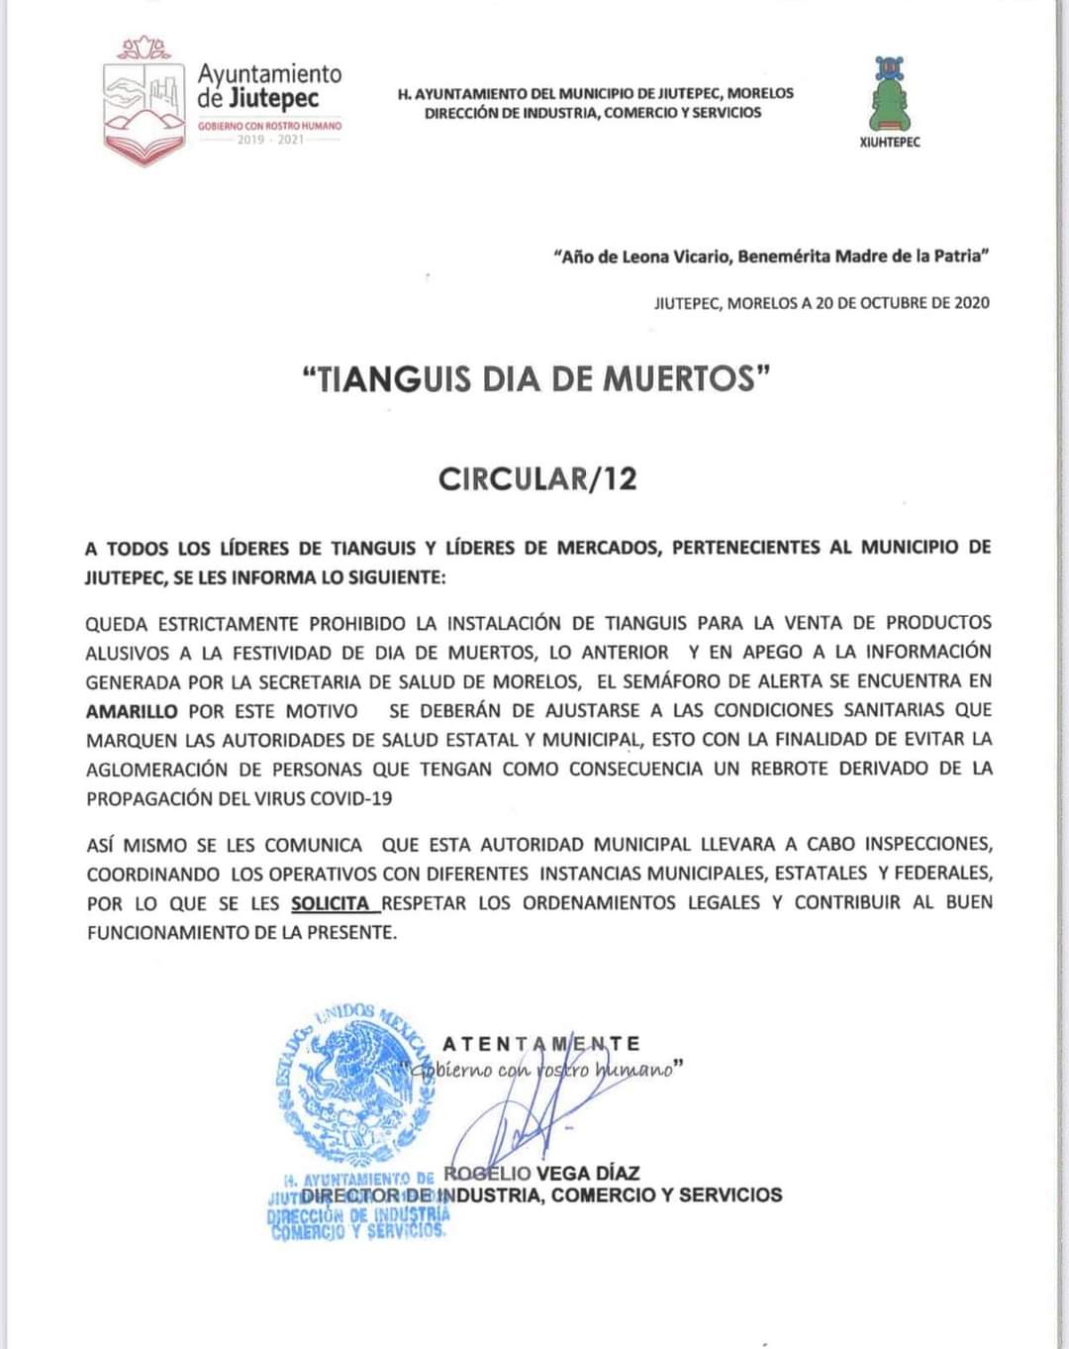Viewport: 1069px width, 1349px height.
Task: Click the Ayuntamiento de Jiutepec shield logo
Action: coord(145,101)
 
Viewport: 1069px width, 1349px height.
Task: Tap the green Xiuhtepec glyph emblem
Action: coord(889,93)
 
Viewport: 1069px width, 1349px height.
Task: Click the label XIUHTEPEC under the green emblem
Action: coord(890,143)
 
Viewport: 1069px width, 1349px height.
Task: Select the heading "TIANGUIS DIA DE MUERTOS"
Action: coord(535,379)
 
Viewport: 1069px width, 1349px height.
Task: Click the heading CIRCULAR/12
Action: coord(537,479)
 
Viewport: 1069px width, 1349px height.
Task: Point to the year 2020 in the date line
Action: coord(971,303)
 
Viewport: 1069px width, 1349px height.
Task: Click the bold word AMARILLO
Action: coord(132,711)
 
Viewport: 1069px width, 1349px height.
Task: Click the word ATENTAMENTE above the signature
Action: coord(541,1044)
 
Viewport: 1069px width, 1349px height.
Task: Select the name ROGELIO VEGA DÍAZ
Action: coord(542,1174)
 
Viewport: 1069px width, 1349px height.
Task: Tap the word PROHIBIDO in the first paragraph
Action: coord(356,623)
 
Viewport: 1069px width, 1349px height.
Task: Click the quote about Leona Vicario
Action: coord(771,257)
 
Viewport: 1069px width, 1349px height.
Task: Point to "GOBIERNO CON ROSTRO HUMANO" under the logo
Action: coord(269,127)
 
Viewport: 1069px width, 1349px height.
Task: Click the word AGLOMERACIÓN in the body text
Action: coord(162,770)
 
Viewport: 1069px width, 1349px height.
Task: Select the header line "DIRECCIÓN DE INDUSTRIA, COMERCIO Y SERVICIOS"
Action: coord(594,113)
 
